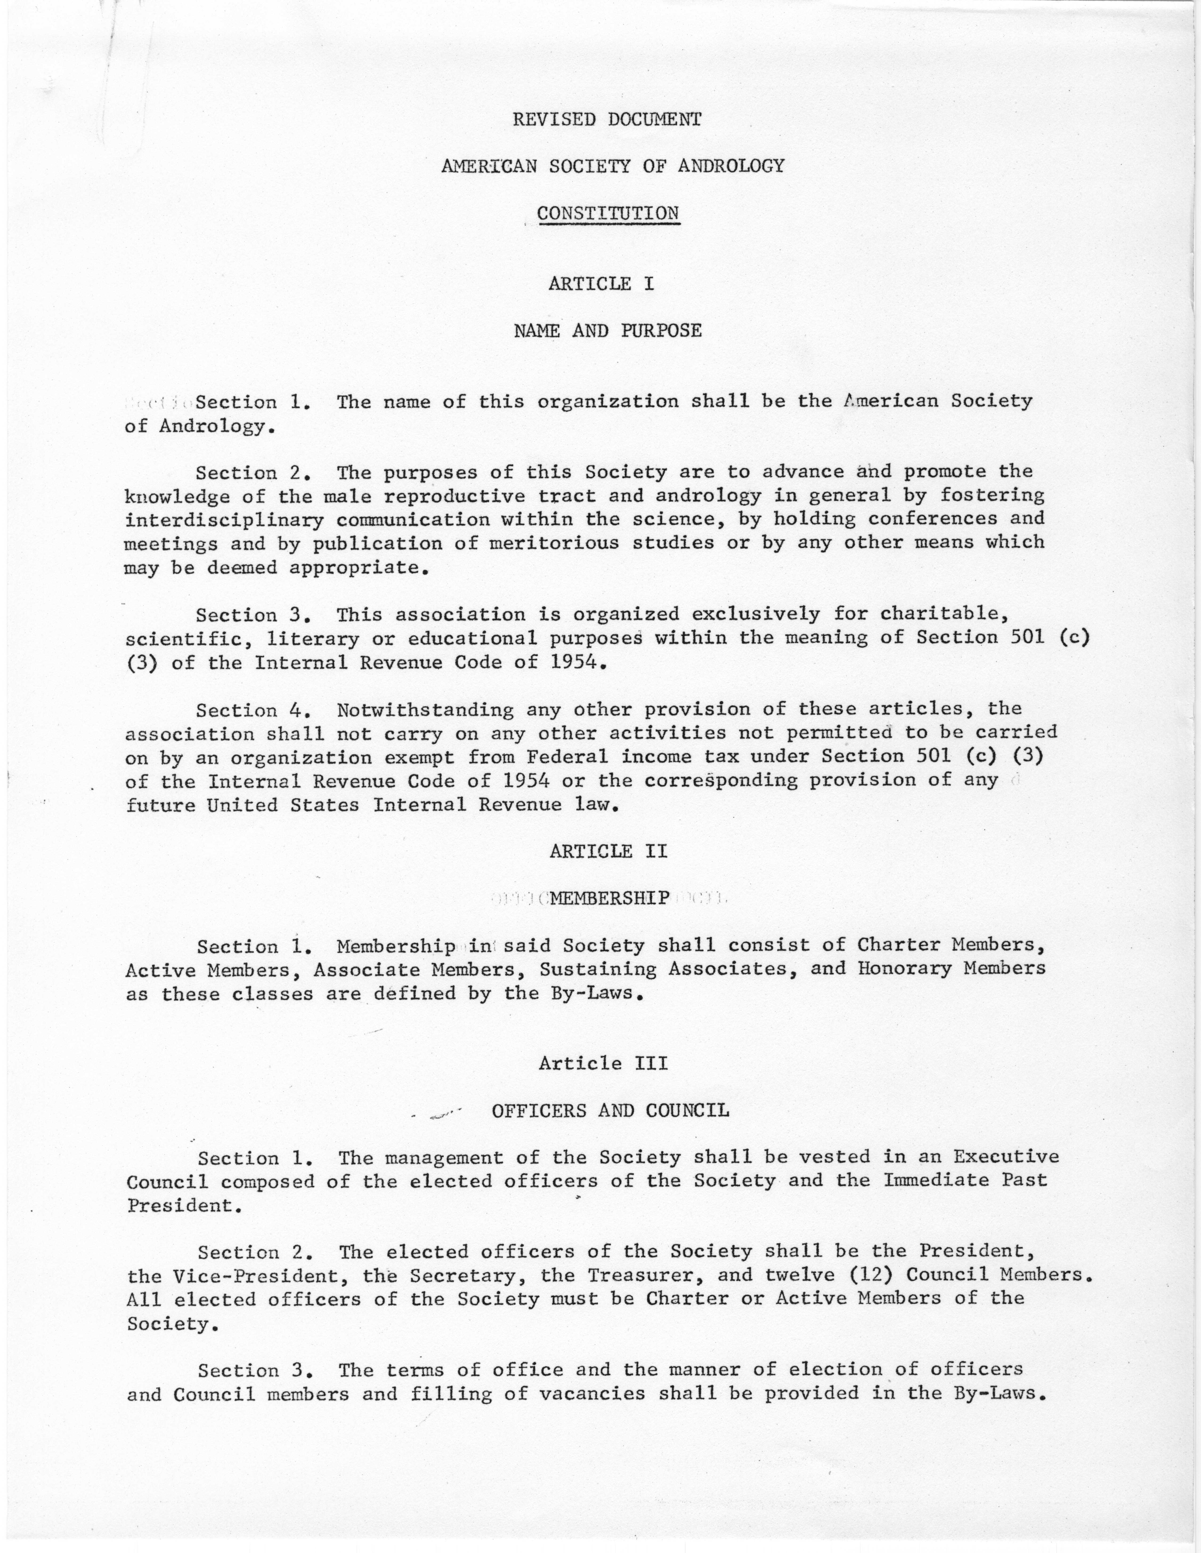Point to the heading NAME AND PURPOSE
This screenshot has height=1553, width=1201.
tap(608, 331)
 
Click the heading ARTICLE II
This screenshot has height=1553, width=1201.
tap(608, 851)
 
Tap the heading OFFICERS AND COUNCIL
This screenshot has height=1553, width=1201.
tap(610, 1111)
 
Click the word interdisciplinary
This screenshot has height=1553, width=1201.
tap(224, 520)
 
